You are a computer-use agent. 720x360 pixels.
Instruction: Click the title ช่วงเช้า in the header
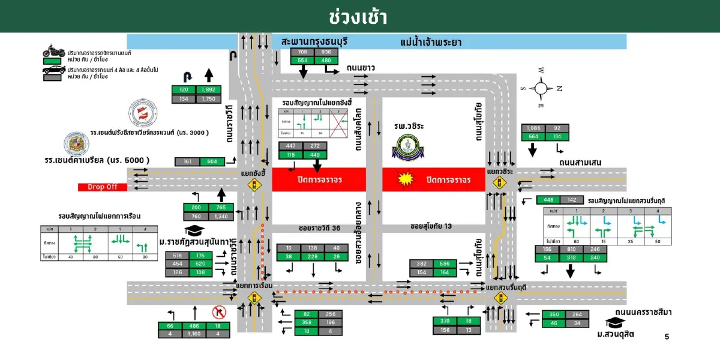(359, 16)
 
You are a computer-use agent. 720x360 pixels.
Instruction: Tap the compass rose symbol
(541, 88)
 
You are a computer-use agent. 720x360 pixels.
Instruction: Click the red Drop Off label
(103, 187)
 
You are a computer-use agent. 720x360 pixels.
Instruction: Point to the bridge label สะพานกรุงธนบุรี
(315, 42)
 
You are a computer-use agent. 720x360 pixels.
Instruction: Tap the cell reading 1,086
(533, 128)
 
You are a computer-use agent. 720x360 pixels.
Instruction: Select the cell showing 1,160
(194, 334)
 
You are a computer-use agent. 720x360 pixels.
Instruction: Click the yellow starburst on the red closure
(404, 178)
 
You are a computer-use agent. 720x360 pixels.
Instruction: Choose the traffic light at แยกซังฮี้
(254, 186)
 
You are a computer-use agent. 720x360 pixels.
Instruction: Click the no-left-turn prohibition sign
(218, 312)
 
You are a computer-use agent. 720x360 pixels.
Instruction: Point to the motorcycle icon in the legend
(54, 50)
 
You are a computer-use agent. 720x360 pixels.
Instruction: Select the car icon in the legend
(54, 71)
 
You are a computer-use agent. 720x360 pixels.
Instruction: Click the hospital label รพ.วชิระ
(410, 126)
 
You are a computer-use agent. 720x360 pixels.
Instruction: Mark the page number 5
(667, 337)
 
